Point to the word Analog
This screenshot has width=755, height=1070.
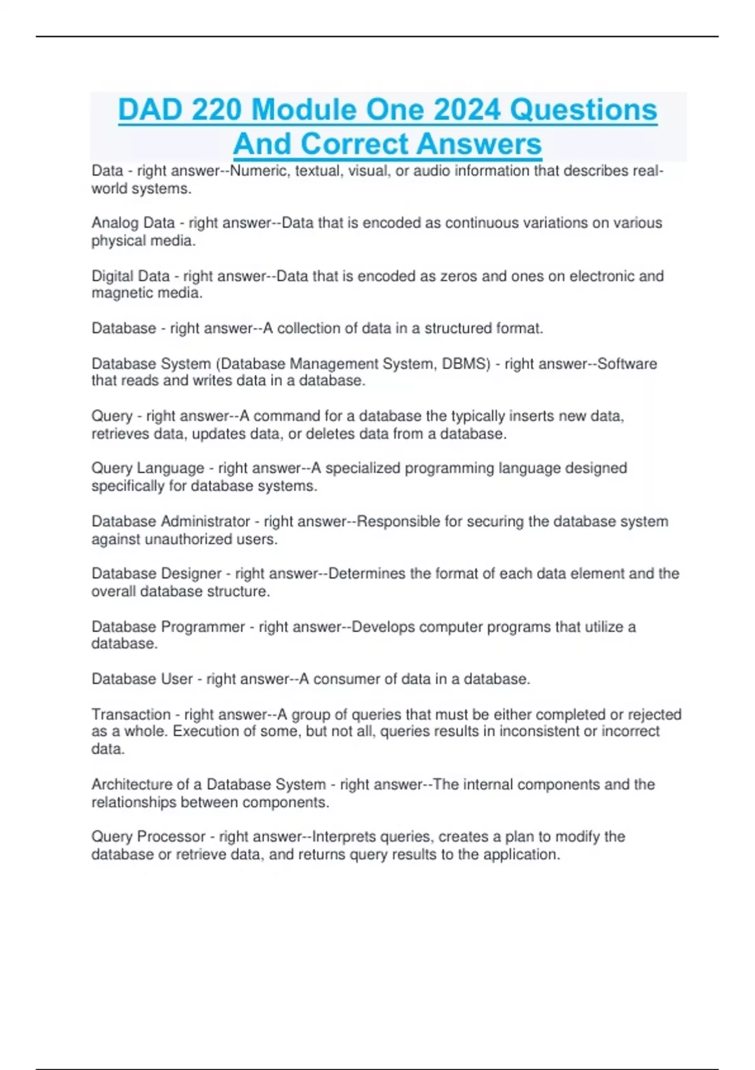pos(115,223)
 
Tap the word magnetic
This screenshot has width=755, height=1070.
pos(118,293)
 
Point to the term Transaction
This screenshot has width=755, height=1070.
pos(131,714)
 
